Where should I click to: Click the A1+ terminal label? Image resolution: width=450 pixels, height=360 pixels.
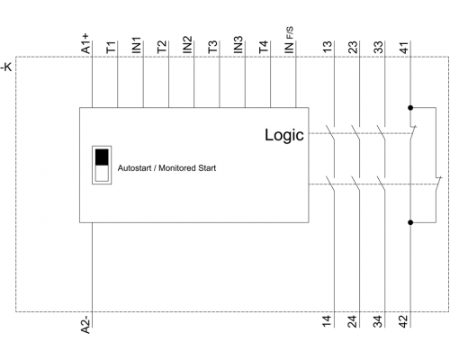click(85, 44)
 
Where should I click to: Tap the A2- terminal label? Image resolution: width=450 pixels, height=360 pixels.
click(85, 324)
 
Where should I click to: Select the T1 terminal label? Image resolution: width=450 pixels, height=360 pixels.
click(111, 48)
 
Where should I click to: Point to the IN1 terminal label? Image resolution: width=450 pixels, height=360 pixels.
click(137, 45)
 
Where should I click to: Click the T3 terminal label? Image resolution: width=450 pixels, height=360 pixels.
click(212, 47)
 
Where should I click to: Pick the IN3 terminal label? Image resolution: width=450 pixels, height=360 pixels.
click(238, 45)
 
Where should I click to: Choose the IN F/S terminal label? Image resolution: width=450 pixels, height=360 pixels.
click(289, 40)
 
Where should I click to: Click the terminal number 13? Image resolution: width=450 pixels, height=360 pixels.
click(328, 47)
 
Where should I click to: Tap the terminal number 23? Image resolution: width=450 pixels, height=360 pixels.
click(354, 47)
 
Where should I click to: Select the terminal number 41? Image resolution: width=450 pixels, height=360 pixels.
click(404, 48)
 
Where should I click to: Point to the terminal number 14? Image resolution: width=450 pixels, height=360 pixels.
click(328, 321)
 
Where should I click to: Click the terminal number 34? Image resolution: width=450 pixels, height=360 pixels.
click(379, 321)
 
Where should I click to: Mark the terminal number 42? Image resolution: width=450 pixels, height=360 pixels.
click(404, 321)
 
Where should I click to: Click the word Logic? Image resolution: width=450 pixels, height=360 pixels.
click(284, 135)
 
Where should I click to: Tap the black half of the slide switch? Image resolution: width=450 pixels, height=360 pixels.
click(102, 157)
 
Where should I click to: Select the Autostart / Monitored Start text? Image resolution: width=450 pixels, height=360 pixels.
click(166, 168)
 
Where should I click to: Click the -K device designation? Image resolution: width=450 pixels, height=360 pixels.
click(6, 67)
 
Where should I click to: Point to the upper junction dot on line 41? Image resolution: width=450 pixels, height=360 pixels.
click(410, 108)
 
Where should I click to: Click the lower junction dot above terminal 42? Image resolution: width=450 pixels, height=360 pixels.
click(410, 222)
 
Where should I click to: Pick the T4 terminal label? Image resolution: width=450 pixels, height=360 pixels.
click(264, 47)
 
